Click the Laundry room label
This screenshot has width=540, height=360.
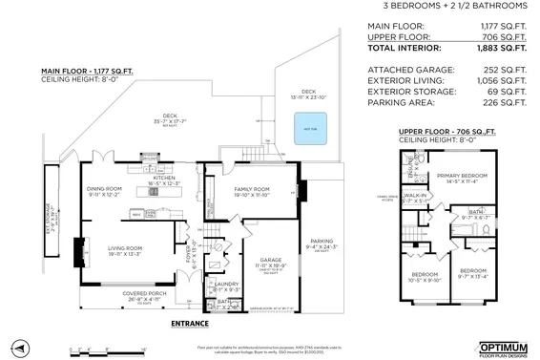pos(226,284)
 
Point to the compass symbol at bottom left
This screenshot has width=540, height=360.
pos(26,345)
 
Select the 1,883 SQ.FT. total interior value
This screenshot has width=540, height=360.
pos(503,47)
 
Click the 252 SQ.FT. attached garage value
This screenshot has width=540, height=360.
pos(507,68)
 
